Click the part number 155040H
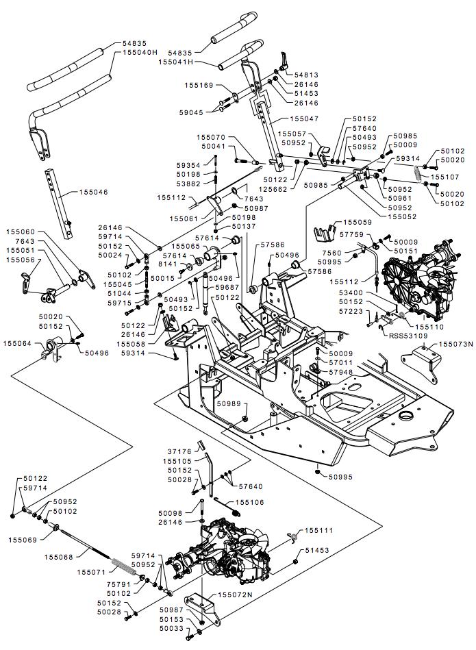[140, 52]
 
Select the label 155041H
[177, 62]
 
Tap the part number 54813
[299, 74]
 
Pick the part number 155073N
[455, 345]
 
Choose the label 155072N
[234, 595]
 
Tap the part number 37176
[179, 451]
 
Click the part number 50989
[229, 404]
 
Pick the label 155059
[358, 223]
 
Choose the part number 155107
[444, 177]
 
